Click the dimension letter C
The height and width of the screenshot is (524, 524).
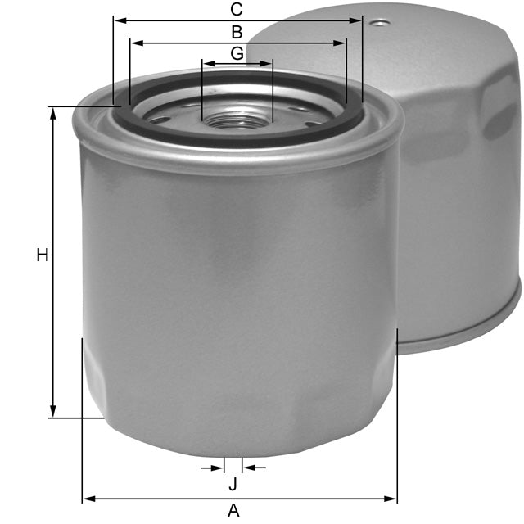[x=237, y=10]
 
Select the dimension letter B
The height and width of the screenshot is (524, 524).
[x=237, y=33]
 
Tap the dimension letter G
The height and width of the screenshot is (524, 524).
[x=237, y=53]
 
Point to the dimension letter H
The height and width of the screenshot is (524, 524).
[x=43, y=255]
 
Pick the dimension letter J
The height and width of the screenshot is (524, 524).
[x=233, y=484]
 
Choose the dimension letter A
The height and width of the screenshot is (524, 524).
[x=233, y=510]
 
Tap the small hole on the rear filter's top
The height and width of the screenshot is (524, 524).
[x=377, y=23]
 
